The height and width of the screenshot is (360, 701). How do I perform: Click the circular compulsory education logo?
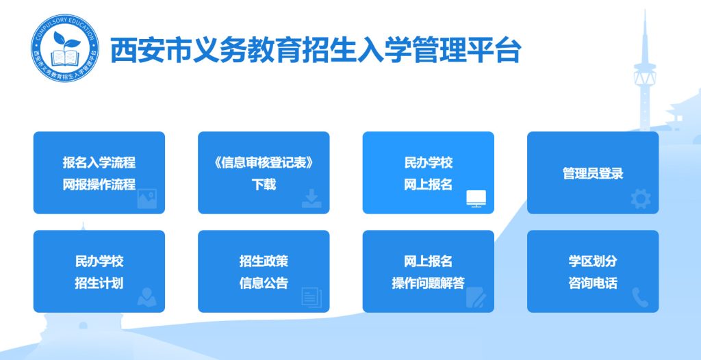pos(65,48)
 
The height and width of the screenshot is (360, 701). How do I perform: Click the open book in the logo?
pos(65,58)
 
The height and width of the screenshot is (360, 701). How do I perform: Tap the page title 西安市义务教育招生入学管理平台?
pos(315,49)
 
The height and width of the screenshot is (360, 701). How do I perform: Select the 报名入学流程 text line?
pos(99,162)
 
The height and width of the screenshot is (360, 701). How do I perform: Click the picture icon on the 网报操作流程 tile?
pos(147,198)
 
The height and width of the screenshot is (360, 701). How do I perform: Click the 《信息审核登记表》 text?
pos(264,162)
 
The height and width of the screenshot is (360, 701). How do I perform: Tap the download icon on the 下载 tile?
pos(311,198)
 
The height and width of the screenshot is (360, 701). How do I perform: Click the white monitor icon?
pos(476,198)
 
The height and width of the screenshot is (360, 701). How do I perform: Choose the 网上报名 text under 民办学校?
pos(429,184)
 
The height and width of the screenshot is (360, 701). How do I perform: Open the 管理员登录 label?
pos(593,173)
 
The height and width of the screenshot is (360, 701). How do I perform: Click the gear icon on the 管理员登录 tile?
pos(641,199)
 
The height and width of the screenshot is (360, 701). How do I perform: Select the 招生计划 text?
pos(99,283)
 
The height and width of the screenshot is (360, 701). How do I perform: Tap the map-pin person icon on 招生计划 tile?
pos(147,297)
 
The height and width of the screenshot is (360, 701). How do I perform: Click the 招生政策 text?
pos(264,261)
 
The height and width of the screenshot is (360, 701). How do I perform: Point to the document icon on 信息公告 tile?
pos(311,298)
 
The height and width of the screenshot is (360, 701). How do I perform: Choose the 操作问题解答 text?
pos(429,283)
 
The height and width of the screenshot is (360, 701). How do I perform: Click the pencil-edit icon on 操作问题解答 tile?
pos(476,298)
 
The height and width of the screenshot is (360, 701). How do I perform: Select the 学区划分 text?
pos(593,261)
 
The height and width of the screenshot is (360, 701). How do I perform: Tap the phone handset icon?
pos(640,298)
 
